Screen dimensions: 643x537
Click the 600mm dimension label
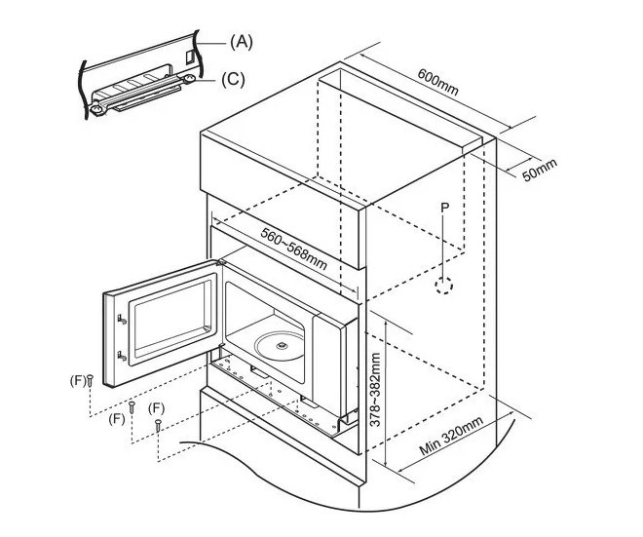coord(437,82)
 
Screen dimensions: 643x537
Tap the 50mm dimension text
coord(540,170)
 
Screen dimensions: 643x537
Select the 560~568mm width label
coord(293,249)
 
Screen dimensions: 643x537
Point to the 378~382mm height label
coord(375,390)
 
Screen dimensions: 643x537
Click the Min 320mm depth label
coord(451,436)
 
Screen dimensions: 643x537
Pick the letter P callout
coord(445,208)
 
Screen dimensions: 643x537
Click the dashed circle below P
coord(444,286)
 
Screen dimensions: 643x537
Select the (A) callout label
coord(242,42)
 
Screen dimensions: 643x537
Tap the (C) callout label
coord(233,79)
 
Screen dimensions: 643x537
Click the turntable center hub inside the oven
coord(282,345)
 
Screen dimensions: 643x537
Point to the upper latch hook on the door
coord(122,319)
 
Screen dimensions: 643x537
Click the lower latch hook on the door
coord(122,356)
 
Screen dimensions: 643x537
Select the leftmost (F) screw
coord(91,381)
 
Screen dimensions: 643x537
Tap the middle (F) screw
coord(132,407)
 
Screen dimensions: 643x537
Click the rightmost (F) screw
coord(158,425)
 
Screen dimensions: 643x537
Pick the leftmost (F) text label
coord(78,381)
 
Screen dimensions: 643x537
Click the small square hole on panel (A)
coord(189,57)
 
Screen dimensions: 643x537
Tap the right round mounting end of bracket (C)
coord(189,78)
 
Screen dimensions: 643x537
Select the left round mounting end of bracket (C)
coord(96,109)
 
